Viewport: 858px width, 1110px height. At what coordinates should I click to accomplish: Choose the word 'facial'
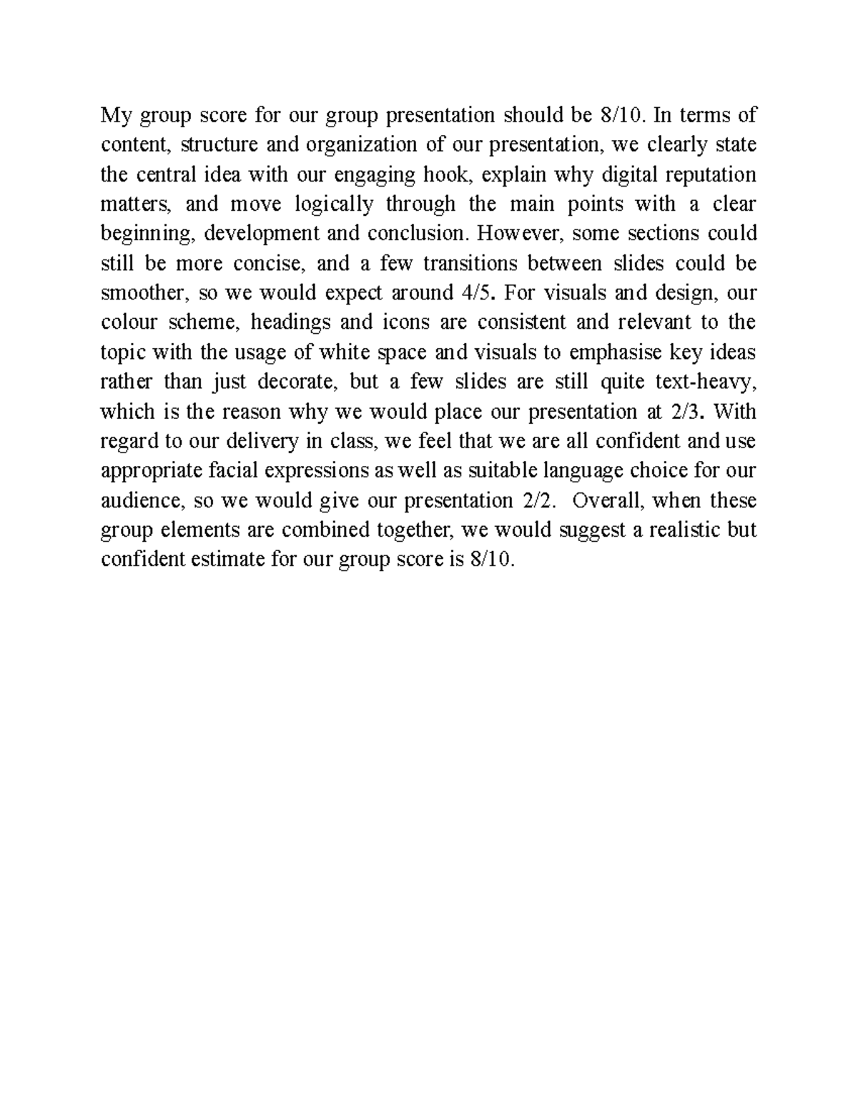click(233, 471)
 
